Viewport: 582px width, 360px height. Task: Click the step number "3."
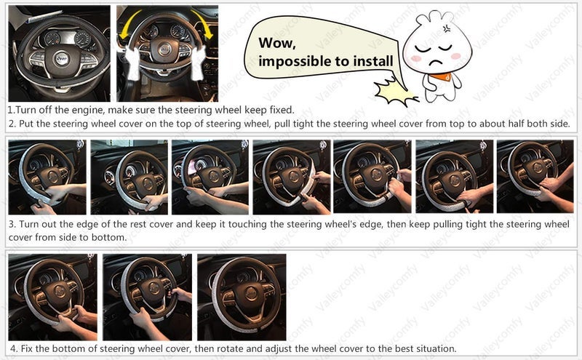12,223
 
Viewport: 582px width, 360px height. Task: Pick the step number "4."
12,348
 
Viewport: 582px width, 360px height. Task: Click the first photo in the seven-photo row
47,177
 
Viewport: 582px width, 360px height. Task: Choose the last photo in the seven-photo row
534,177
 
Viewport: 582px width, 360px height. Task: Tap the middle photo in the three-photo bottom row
147,297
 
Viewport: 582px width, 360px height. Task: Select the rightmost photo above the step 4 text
242,297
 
